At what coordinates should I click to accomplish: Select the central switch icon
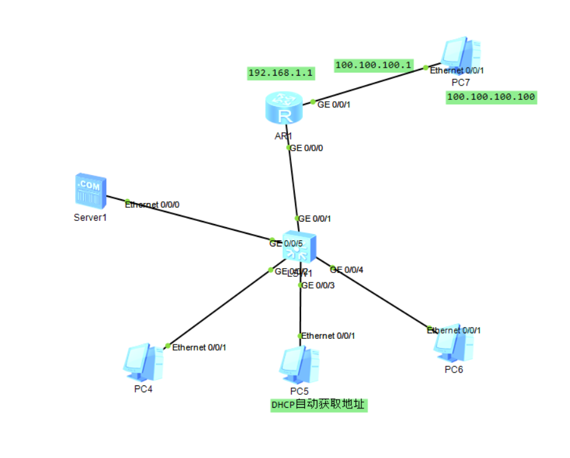click(x=300, y=246)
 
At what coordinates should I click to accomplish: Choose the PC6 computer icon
click(x=454, y=344)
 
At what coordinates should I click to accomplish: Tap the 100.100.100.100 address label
click(x=491, y=97)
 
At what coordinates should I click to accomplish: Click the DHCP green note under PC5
click(x=319, y=405)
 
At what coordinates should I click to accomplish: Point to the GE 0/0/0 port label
click(x=307, y=148)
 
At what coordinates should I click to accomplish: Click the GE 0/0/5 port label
click(x=285, y=243)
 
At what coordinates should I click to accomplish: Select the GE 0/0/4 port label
click(x=347, y=269)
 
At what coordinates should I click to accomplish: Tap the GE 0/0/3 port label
click(x=318, y=285)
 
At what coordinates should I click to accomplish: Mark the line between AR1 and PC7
click(x=373, y=84)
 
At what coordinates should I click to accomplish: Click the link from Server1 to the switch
click(x=199, y=221)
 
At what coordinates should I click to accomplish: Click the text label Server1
click(x=91, y=217)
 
